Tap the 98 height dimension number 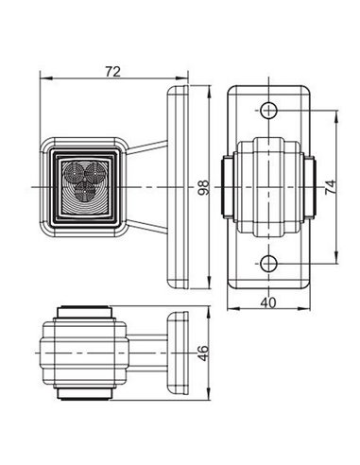click(x=203, y=188)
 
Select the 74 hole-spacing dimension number click(x=331, y=186)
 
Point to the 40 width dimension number click(x=269, y=302)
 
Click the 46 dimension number click(x=203, y=354)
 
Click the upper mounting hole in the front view click(x=269, y=111)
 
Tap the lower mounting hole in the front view click(x=269, y=262)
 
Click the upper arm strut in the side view click(x=147, y=148)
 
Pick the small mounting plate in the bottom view click(x=177, y=354)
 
